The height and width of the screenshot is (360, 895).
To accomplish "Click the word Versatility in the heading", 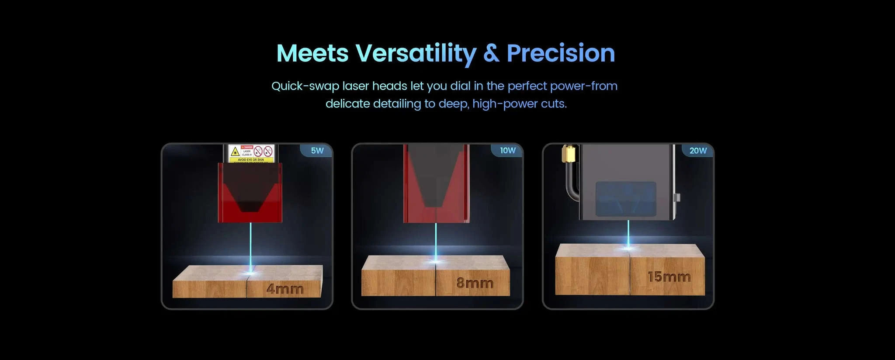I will [x=415, y=54].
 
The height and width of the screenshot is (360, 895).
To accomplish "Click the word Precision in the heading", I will [x=561, y=53].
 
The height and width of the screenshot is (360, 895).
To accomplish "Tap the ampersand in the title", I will [x=491, y=53].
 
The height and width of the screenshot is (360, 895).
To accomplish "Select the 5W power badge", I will [x=317, y=151].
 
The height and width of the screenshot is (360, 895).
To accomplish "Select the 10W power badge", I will [x=508, y=151].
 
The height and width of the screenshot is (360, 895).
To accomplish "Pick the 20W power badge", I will [x=698, y=151].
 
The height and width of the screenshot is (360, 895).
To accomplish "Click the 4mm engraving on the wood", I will [x=284, y=289].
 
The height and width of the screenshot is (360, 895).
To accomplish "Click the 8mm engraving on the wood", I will [x=475, y=283].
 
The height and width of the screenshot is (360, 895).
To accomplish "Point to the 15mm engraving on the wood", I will [x=669, y=277].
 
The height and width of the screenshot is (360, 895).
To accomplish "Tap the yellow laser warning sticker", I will [x=251, y=153].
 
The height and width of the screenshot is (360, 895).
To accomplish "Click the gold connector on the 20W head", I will [x=568, y=153].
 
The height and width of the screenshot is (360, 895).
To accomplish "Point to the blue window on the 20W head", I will [x=626, y=199].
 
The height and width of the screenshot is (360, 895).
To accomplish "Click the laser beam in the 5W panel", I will [x=250, y=245].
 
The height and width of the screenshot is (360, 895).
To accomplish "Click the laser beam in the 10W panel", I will [x=436, y=240].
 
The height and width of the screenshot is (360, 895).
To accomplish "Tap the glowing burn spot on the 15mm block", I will [x=628, y=248].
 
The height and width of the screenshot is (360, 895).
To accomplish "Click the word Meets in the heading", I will [x=312, y=54].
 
